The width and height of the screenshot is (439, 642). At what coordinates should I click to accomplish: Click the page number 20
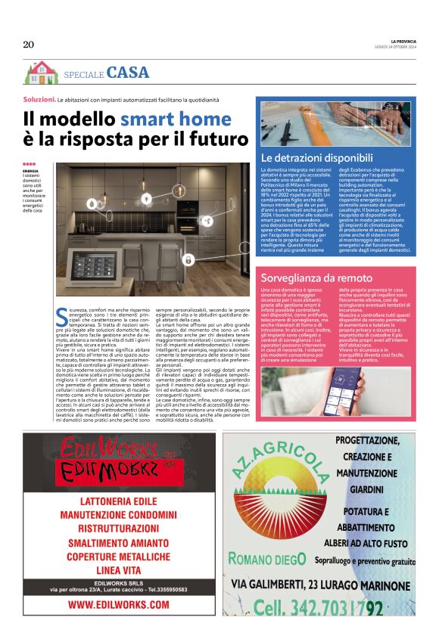coord(29,45)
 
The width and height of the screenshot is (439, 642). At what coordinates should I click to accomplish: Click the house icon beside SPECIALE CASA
coord(41,73)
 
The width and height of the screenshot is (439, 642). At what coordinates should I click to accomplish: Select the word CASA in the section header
coord(128,73)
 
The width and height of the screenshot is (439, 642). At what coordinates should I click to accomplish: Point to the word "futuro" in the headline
coord(215,140)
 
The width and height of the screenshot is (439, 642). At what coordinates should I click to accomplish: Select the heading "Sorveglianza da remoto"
coord(314,278)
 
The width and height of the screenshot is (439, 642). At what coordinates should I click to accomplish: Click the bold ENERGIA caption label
coord(30,172)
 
